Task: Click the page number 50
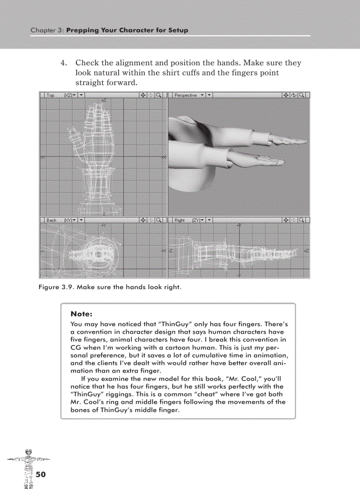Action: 40,474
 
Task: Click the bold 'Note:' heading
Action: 81,314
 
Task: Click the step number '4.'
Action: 64,63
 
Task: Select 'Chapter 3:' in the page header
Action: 47,30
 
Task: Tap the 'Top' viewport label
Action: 51,95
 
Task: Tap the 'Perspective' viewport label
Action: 185,95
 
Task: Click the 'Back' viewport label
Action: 52,220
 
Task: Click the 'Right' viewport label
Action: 180,220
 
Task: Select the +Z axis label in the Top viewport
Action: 104,100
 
